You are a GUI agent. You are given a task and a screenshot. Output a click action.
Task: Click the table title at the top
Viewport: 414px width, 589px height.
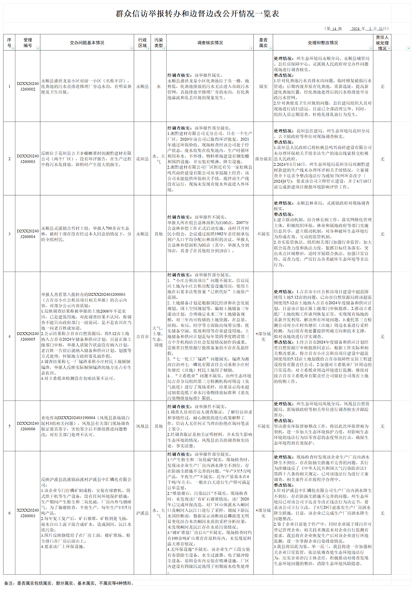click(197, 14)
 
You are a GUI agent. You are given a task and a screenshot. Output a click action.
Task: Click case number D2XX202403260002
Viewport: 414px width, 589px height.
click(28, 86)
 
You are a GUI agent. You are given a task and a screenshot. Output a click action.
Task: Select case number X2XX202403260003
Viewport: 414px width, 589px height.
click(28, 513)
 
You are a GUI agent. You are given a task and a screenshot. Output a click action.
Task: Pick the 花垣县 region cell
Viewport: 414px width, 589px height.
click(142, 159)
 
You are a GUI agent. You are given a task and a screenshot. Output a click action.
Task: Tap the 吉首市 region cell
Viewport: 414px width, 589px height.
click(142, 336)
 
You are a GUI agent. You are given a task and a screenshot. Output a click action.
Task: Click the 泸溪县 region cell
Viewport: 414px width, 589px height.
click(142, 513)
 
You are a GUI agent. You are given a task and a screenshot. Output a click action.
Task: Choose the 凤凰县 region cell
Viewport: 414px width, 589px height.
click(142, 426)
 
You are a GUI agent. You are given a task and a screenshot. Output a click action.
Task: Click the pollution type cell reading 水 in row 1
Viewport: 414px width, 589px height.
click(159, 86)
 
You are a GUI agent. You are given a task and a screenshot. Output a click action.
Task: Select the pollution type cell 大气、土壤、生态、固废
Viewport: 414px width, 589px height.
click(159, 336)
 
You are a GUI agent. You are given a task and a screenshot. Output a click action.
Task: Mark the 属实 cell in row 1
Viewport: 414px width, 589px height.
click(263, 86)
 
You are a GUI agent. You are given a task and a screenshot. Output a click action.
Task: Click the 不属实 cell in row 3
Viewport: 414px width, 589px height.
click(263, 234)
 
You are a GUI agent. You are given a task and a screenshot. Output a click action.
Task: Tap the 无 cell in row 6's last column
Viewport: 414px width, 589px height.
click(382, 513)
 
